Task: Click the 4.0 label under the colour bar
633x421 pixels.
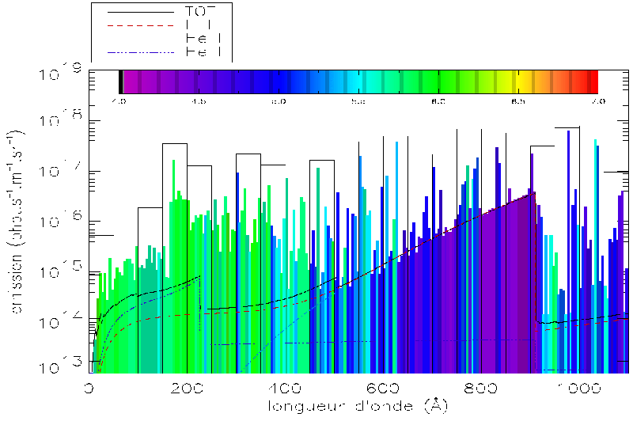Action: point(119,101)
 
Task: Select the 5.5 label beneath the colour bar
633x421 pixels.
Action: point(358,101)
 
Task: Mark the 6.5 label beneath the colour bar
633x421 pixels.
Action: point(518,101)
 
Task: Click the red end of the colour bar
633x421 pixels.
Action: point(591,82)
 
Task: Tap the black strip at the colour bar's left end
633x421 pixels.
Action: point(120,82)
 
